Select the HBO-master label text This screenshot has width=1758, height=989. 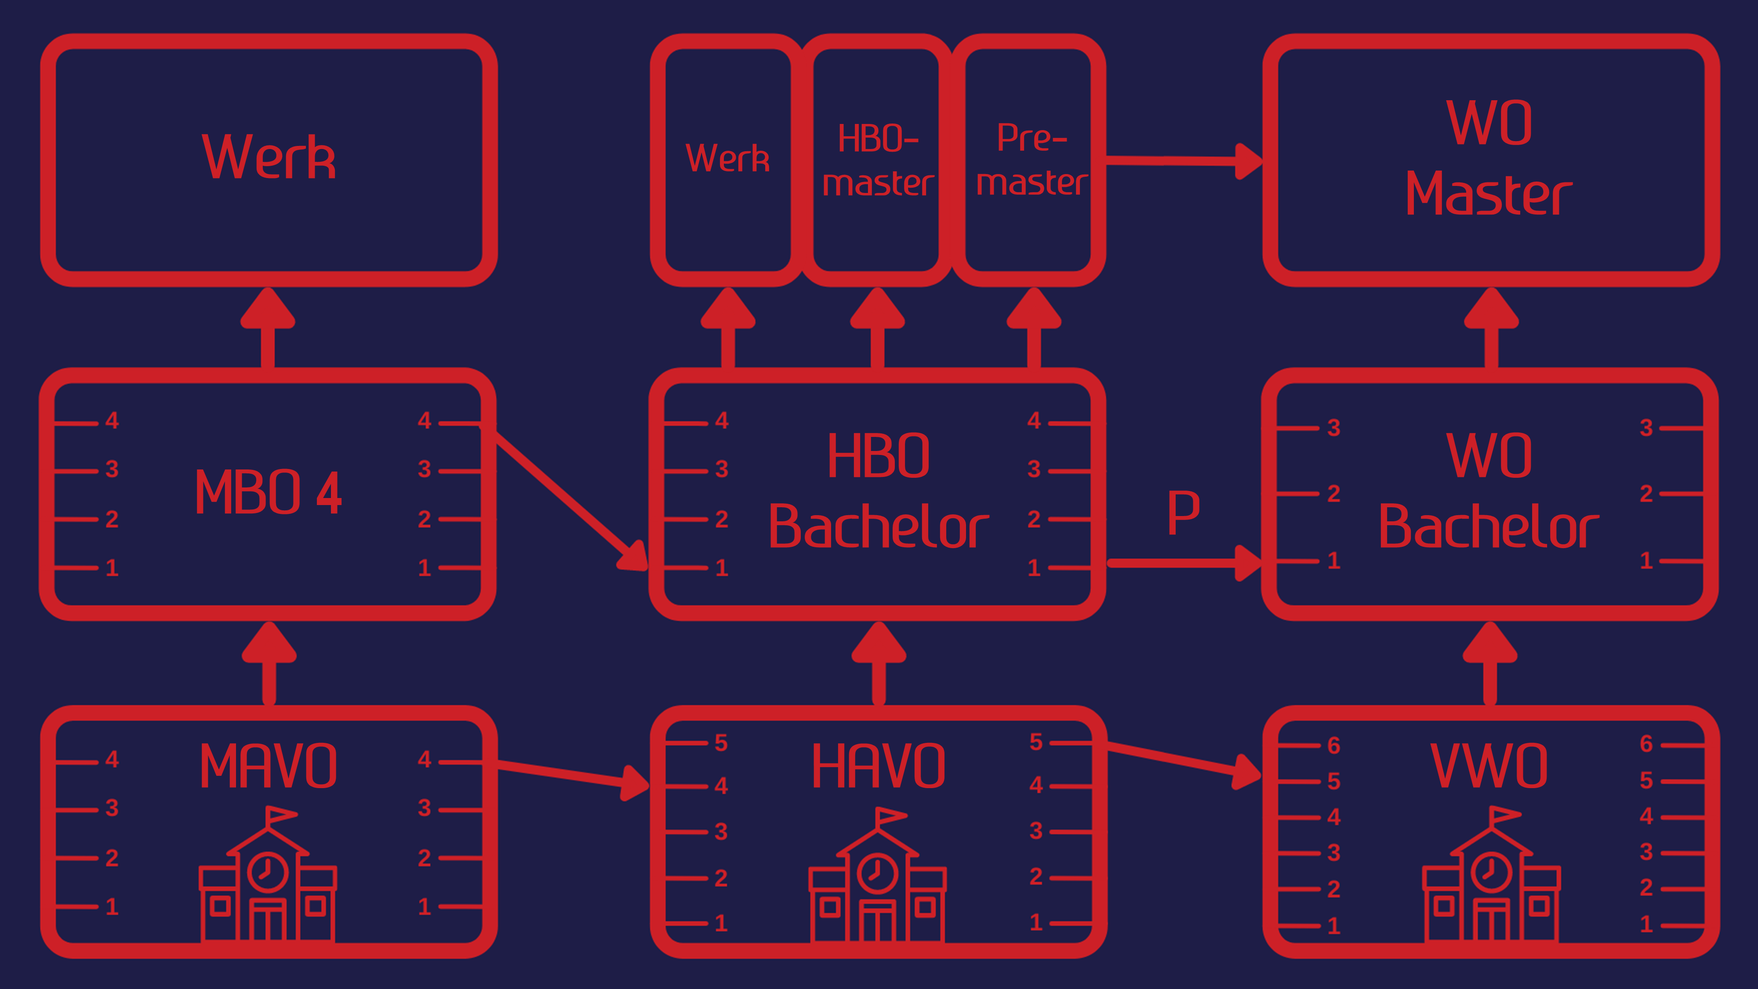[878, 161]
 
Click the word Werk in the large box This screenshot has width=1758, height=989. [268, 158]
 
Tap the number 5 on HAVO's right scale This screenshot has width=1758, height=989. [1036, 742]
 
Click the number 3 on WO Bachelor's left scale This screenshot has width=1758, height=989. [1333, 428]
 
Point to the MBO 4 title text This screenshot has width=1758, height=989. [268, 492]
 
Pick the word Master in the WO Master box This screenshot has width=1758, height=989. [1489, 195]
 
